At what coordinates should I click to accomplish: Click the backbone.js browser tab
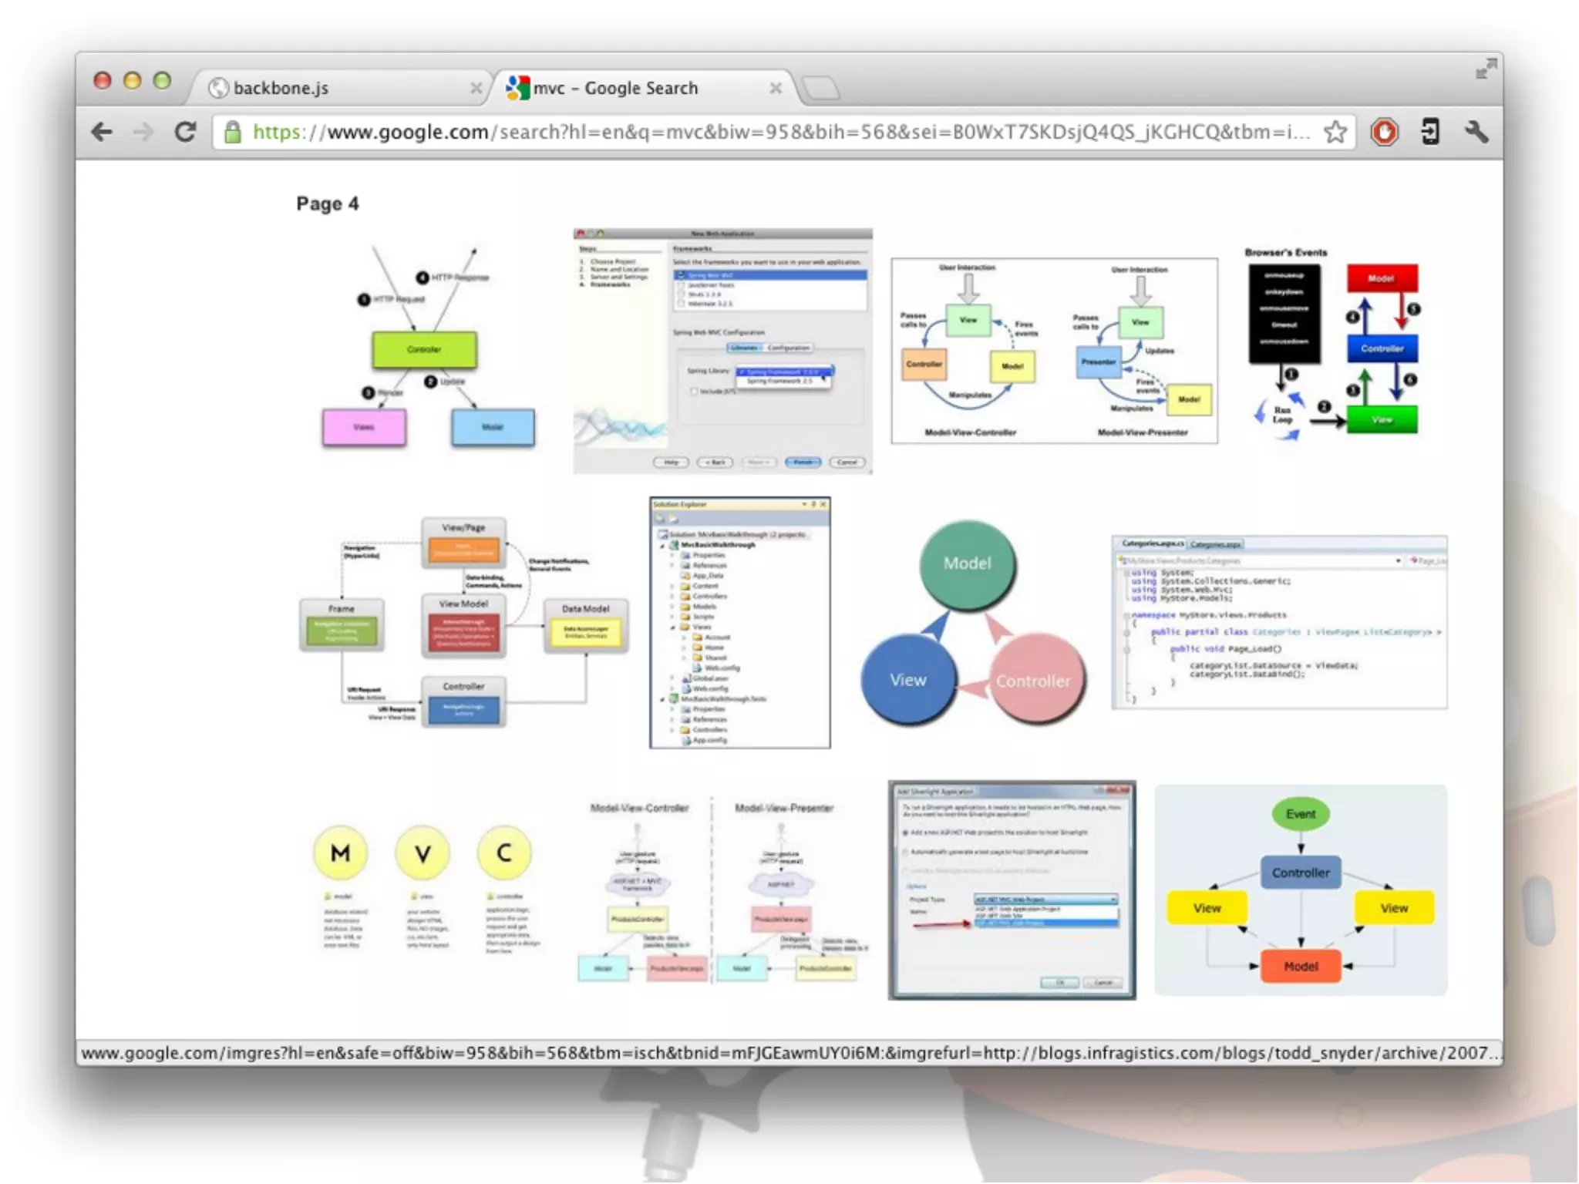(324, 88)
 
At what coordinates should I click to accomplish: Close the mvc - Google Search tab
(776, 89)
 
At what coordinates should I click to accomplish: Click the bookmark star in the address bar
(1335, 132)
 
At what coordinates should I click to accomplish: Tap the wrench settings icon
(1476, 132)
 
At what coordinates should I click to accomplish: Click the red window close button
(102, 80)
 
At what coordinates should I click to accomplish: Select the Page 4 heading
(328, 203)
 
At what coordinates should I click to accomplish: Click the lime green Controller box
(424, 349)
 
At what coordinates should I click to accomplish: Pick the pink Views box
(364, 427)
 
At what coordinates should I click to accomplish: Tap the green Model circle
(968, 563)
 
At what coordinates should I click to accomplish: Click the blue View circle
(908, 680)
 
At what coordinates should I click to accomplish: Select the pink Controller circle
(1034, 681)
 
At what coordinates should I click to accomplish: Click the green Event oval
(1301, 814)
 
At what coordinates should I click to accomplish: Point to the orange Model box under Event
(1301, 966)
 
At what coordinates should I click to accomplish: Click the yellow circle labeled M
(340, 853)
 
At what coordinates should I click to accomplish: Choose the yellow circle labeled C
(504, 853)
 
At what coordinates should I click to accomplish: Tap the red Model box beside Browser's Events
(1382, 278)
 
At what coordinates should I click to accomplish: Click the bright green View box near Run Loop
(1382, 420)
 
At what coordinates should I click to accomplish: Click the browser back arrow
(102, 132)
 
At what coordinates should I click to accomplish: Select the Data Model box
(586, 625)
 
